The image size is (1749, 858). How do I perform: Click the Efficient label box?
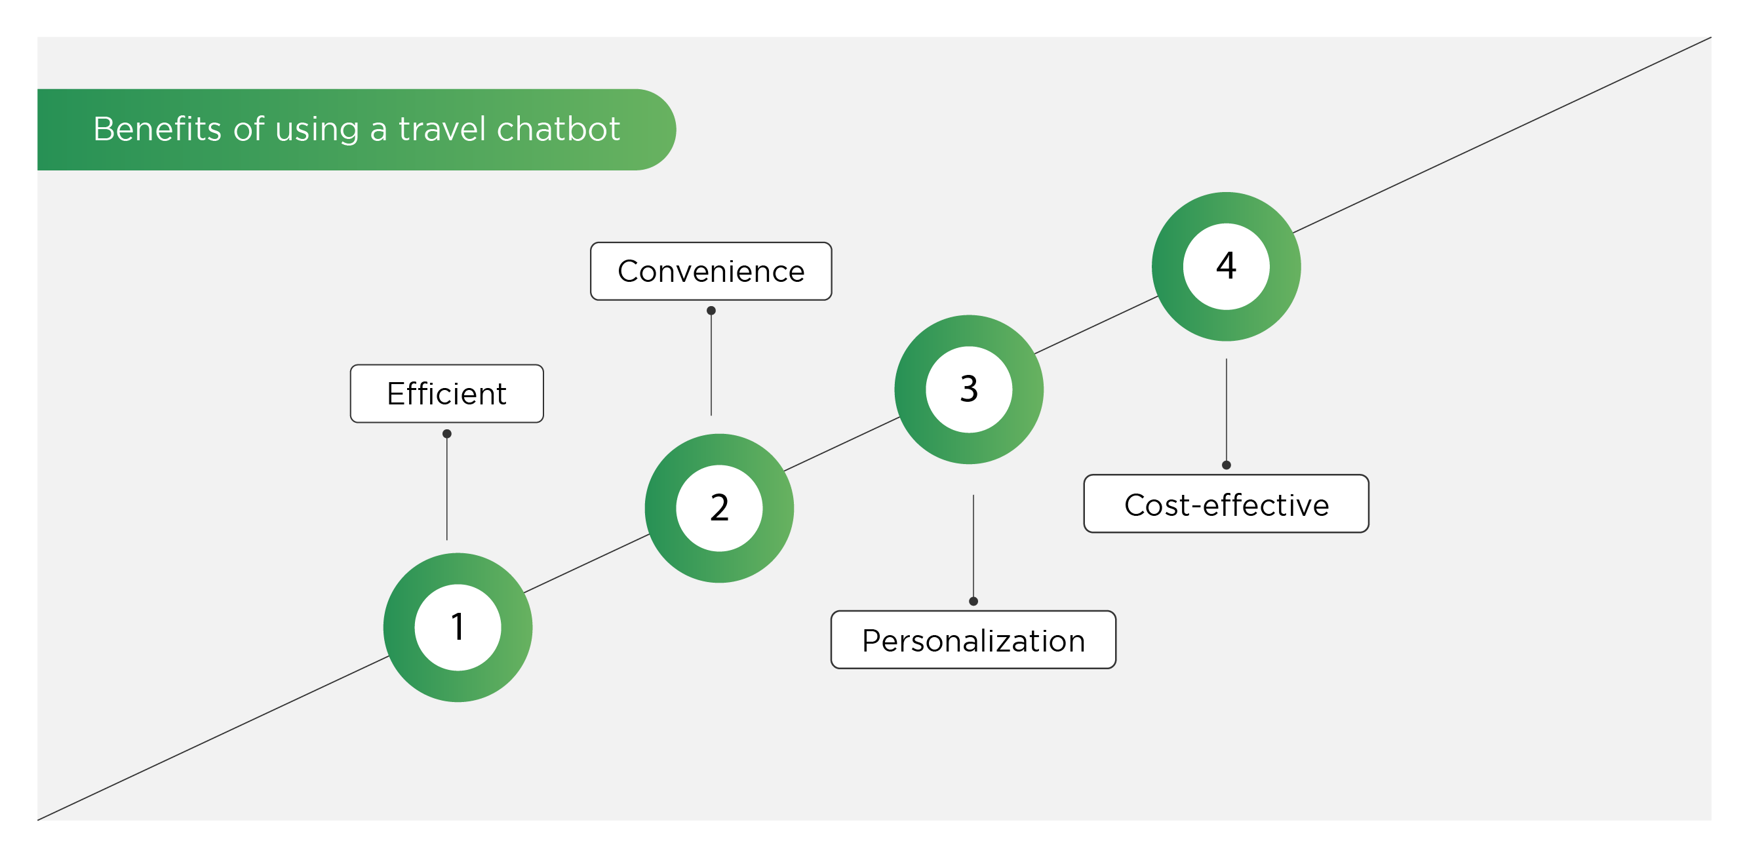coord(447,394)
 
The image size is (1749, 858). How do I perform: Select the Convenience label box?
coord(711,271)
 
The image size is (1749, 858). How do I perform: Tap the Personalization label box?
coord(973,640)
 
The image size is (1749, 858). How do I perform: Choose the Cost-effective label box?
coord(1226,503)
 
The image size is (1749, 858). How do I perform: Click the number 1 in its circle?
coord(458,627)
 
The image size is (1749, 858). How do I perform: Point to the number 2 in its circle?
coord(719,508)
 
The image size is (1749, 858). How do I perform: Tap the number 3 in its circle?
coord(969,389)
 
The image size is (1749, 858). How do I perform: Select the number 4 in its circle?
coord(1226,265)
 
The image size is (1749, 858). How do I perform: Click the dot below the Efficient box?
coord(447,434)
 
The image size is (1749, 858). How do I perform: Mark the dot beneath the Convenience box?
coord(711,311)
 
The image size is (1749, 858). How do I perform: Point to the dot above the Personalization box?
coord(973,601)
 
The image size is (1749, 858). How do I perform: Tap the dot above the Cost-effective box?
coord(1226,465)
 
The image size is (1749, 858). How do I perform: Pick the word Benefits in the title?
coord(157,129)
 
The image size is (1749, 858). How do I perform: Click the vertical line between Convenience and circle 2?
coord(711,363)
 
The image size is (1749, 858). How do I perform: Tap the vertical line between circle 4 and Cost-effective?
coord(1226,412)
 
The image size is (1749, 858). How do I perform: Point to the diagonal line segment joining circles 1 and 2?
coord(587,564)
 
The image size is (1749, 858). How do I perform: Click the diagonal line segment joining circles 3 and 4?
coord(1097,324)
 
